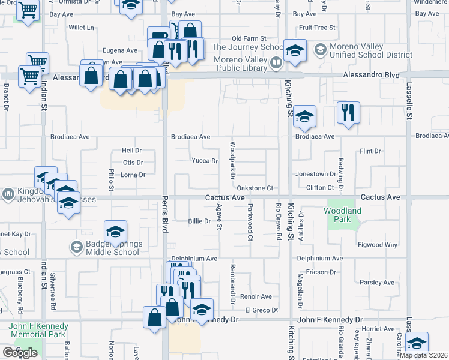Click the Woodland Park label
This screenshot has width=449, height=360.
(342, 215)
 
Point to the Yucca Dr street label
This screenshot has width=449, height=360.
(205, 161)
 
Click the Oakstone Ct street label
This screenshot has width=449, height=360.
(256, 188)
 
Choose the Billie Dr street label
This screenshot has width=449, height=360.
(199, 221)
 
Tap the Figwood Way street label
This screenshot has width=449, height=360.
(378, 245)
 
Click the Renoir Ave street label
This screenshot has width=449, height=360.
(256, 296)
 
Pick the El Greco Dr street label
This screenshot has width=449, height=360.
(262, 310)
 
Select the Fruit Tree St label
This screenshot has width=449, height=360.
(317, 28)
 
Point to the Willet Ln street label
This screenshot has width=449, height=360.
(82, 28)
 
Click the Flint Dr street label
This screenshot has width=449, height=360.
(370, 151)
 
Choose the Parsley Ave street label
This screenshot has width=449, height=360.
(377, 283)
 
